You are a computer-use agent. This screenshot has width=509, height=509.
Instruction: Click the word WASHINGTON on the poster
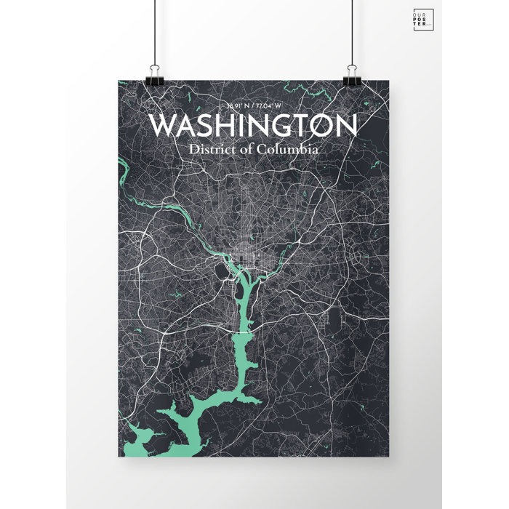tap(252, 126)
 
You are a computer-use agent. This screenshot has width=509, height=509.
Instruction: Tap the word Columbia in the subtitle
tap(289, 149)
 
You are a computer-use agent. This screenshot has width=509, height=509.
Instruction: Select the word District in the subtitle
tap(211, 149)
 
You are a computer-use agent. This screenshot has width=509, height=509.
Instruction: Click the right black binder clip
tap(351, 73)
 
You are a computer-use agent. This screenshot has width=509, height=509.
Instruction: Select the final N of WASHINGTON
tap(345, 126)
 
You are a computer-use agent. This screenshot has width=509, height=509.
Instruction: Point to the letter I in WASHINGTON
tap(241, 126)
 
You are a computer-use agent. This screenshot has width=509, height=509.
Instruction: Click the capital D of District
tap(193, 149)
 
